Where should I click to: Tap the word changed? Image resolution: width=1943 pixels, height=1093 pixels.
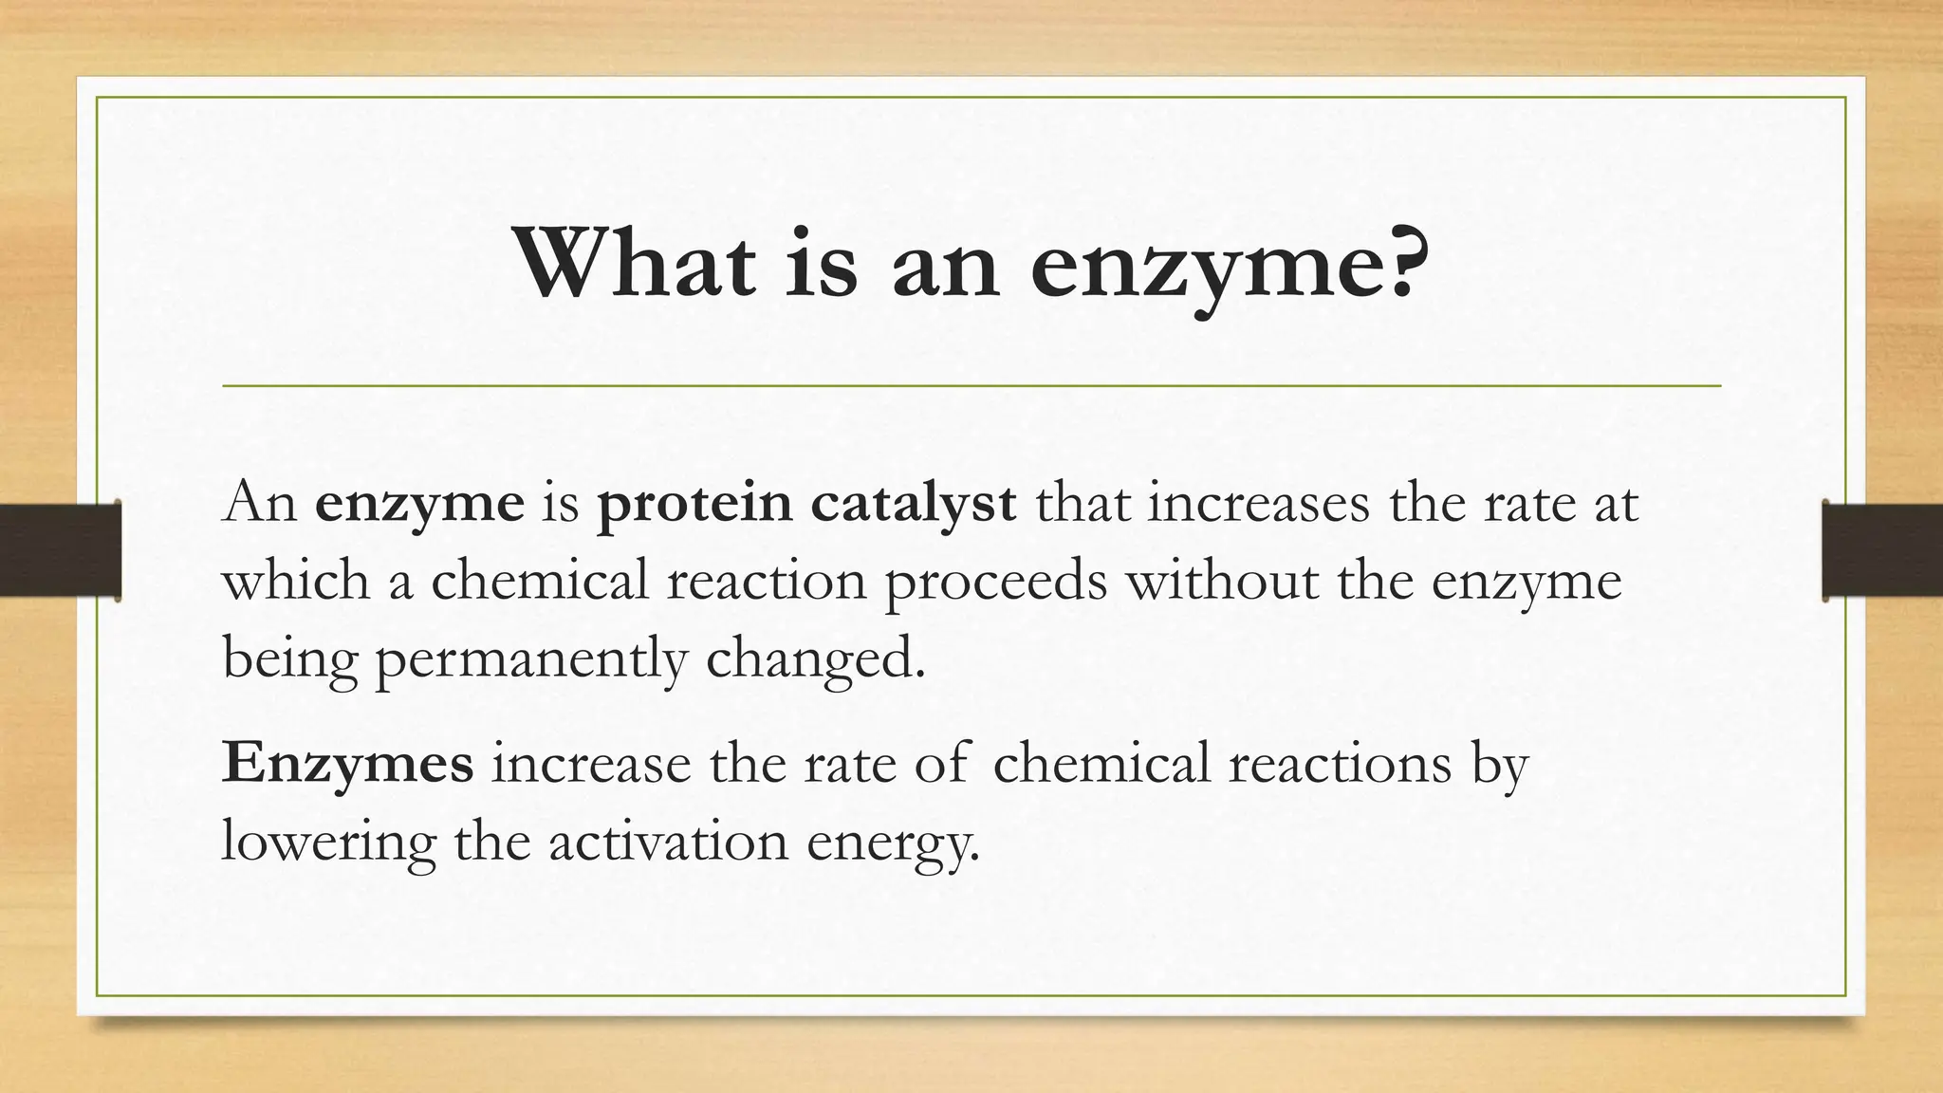click(814, 658)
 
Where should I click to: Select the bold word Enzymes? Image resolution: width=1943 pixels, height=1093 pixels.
click(347, 763)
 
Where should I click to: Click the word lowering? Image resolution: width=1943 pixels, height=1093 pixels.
click(328, 841)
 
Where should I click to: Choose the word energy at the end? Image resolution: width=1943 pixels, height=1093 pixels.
click(892, 842)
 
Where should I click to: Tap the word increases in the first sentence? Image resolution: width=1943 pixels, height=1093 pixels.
click(1259, 502)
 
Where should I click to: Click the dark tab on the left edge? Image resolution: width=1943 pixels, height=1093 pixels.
click(60, 550)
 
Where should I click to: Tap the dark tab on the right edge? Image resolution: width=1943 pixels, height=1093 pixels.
click(1882, 550)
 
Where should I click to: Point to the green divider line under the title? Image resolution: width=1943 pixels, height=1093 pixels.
click(971, 386)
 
